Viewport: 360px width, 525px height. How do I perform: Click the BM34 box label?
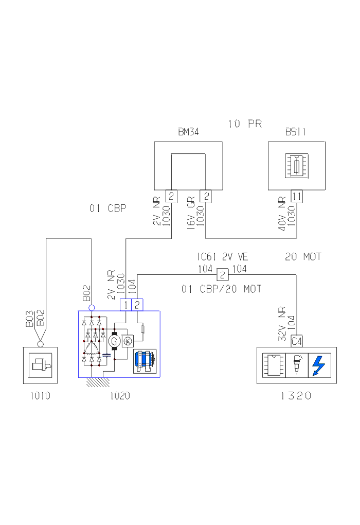(188, 132)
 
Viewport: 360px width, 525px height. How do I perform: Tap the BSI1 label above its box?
(296, 132)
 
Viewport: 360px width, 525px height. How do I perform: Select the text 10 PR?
(245, 124)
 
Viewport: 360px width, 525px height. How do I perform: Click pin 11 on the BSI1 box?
(297, 196)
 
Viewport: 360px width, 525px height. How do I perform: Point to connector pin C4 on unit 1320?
(297, 341)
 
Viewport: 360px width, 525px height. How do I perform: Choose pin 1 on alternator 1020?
(125, 305)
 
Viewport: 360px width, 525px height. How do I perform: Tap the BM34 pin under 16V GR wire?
(206, 196)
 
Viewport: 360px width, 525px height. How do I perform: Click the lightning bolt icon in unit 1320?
(319, 365)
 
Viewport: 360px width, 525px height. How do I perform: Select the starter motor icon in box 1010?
(40, 365)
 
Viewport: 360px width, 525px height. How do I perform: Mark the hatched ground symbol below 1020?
(96, 382)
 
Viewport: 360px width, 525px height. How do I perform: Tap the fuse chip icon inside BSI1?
(297, 166)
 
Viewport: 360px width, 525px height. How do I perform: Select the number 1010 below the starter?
(40, 396)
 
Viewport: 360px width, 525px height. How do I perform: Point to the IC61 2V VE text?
(223, 257)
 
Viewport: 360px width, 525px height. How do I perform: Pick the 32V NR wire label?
(282, 323)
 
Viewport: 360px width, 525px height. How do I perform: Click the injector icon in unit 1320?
(297, 365)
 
